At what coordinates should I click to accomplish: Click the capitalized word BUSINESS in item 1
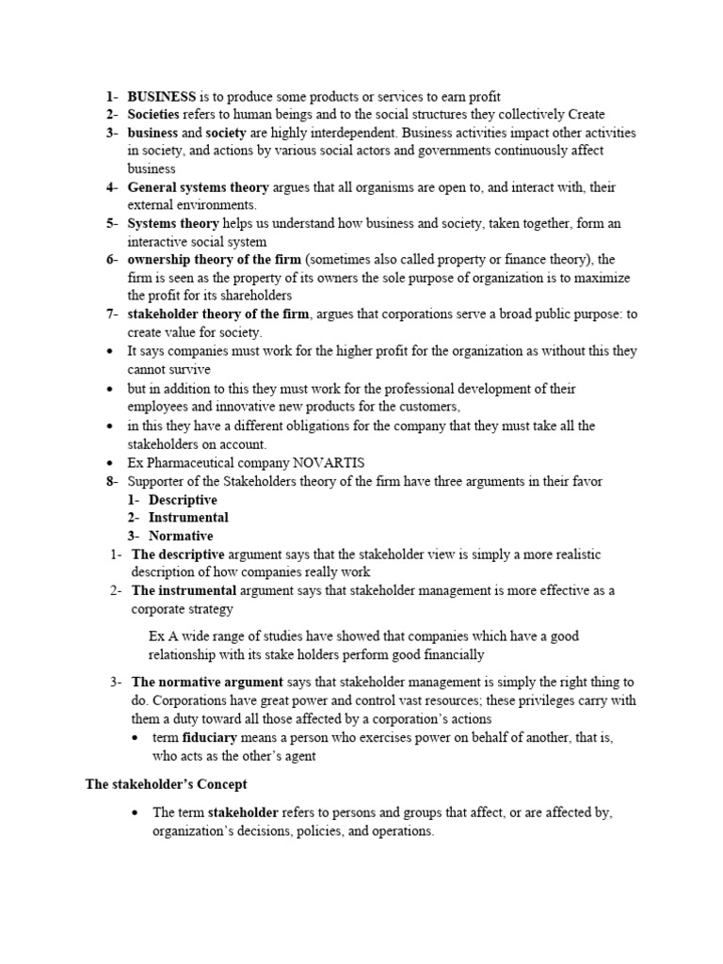click(x=162, y=96)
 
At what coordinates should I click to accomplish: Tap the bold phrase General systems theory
click(x=198, y=187)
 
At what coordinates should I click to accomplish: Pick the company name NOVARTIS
click(x=323, y=462)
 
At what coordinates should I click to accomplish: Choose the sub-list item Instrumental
click(x=188, y=517)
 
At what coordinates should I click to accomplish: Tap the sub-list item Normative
click(x=181, y=536)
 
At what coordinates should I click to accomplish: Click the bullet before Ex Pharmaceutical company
click(x=111, y=463)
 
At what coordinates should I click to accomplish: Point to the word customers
click(x=428, y=407)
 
